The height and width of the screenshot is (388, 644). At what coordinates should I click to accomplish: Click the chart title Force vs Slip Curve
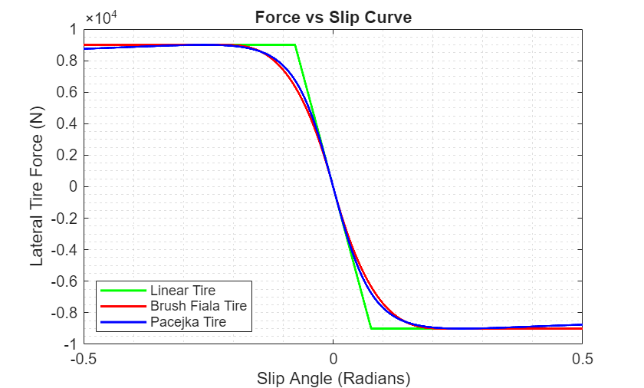tap(332, 18)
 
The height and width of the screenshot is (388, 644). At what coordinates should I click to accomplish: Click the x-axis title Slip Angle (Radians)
tap(333, 378)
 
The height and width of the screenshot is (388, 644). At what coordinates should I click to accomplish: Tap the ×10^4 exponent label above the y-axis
tap(100, 18)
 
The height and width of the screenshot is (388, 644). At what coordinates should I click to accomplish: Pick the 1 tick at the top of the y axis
tap(74, 30)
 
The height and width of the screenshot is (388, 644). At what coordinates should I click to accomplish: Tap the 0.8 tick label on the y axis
tap(67, 61)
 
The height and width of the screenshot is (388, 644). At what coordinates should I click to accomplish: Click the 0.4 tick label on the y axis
tap(67, 124)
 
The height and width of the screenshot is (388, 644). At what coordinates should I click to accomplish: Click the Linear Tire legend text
tap(183, 291)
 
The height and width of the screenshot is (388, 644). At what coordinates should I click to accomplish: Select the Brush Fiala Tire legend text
tap(199, 306)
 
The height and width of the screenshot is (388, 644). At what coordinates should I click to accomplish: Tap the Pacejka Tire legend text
tap(189, 322)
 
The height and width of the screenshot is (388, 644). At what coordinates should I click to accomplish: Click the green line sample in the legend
tap(123, 291)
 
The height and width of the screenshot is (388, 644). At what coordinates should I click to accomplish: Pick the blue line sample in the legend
tap(123, 322)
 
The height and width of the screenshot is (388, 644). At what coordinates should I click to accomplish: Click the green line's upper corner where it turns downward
tap(296, 45)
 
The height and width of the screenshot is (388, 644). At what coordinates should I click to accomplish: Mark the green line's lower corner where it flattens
tap(371, 328)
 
